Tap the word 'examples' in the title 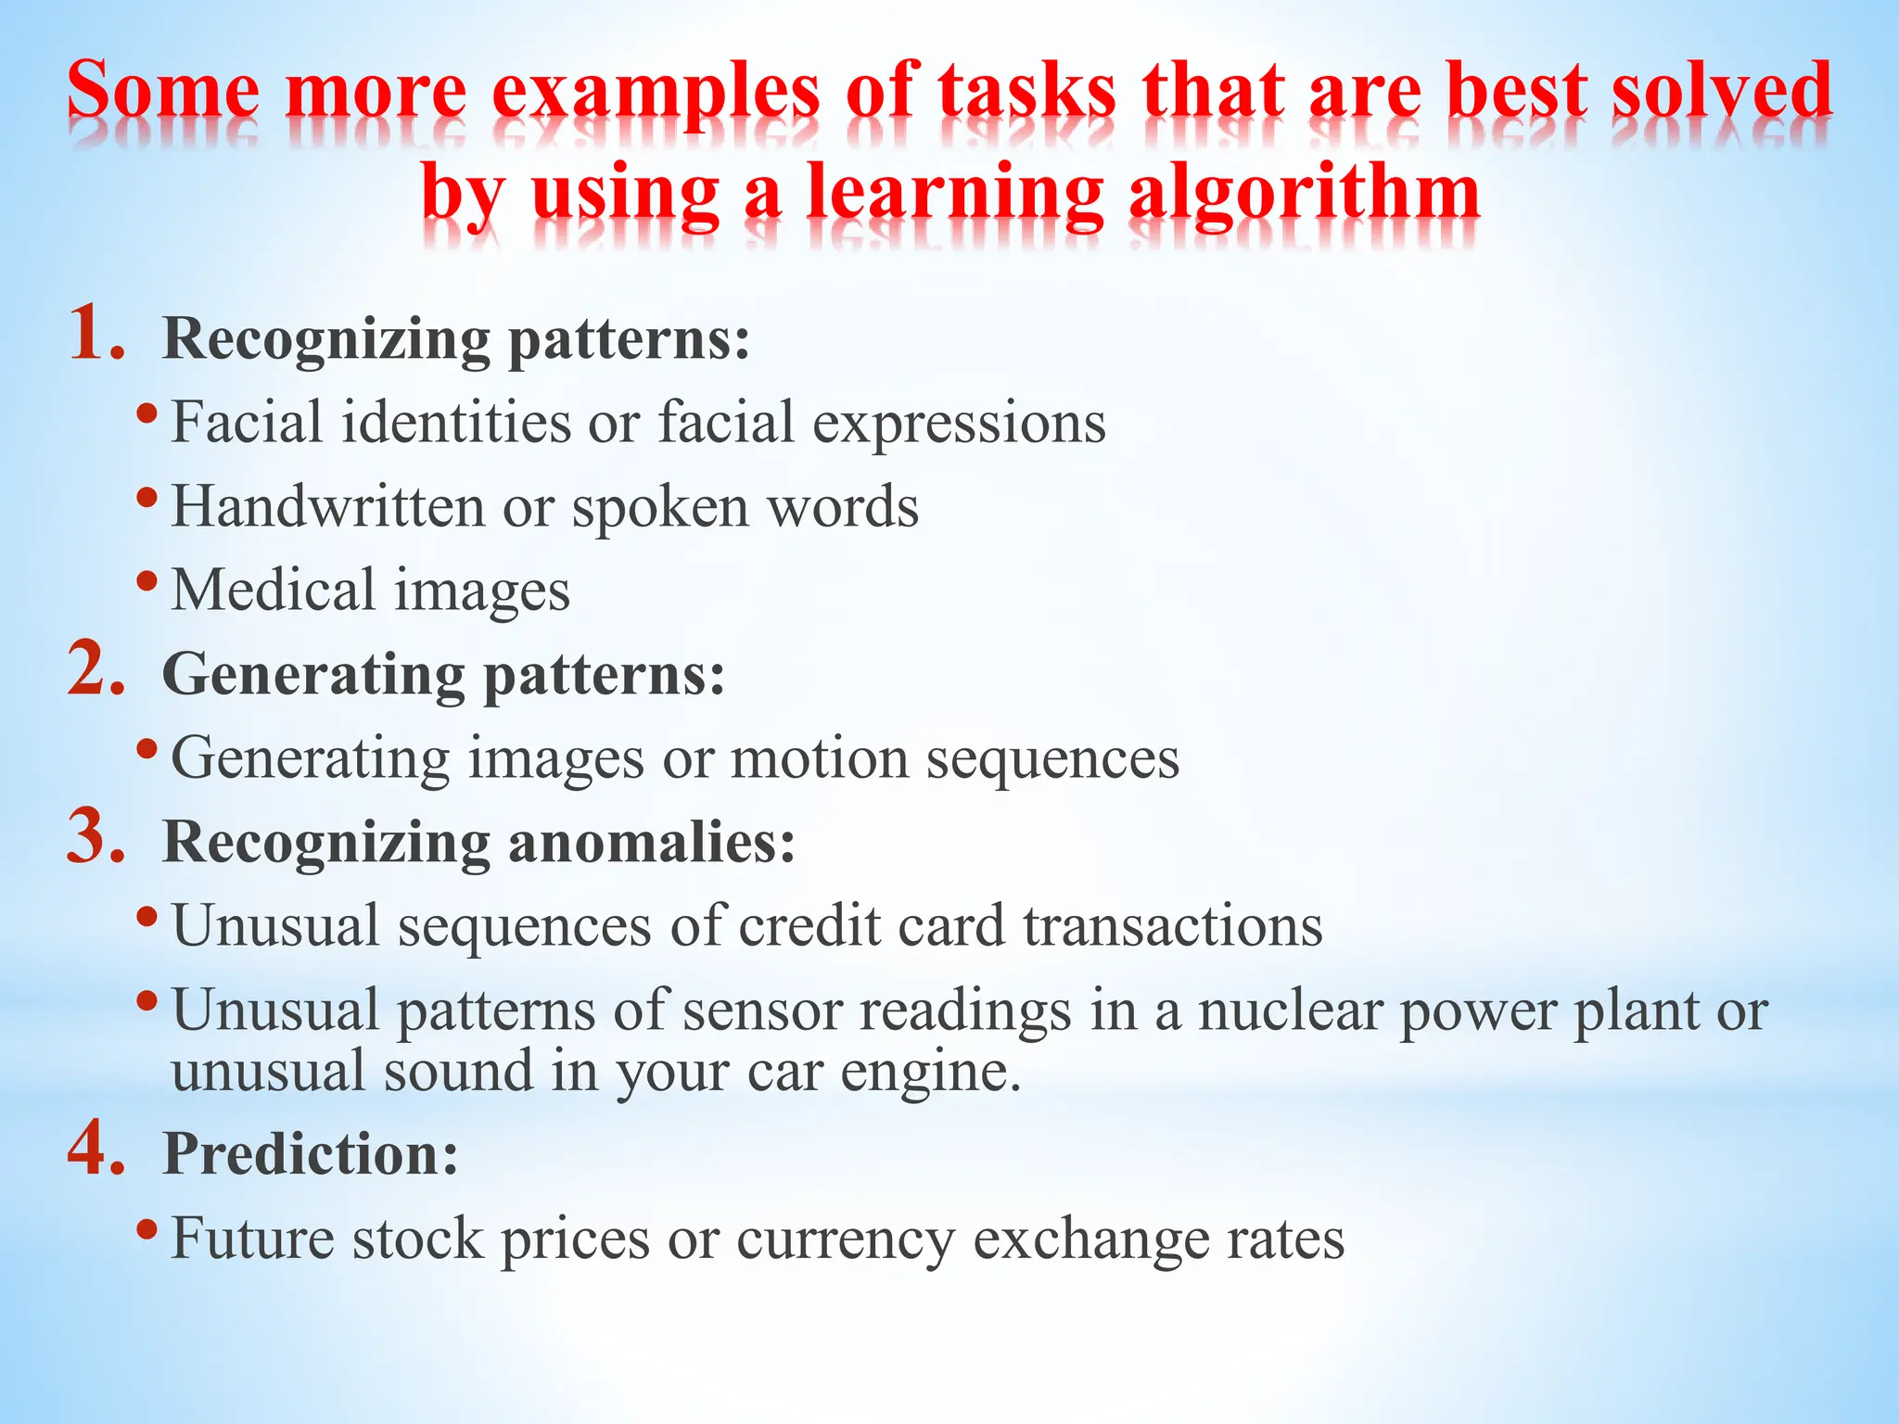656,93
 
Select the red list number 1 96,334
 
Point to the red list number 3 96,837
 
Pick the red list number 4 96,1150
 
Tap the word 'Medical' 273,591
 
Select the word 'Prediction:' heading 311,1154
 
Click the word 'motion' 819,759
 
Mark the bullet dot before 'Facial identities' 147,413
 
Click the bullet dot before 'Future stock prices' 147,1230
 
